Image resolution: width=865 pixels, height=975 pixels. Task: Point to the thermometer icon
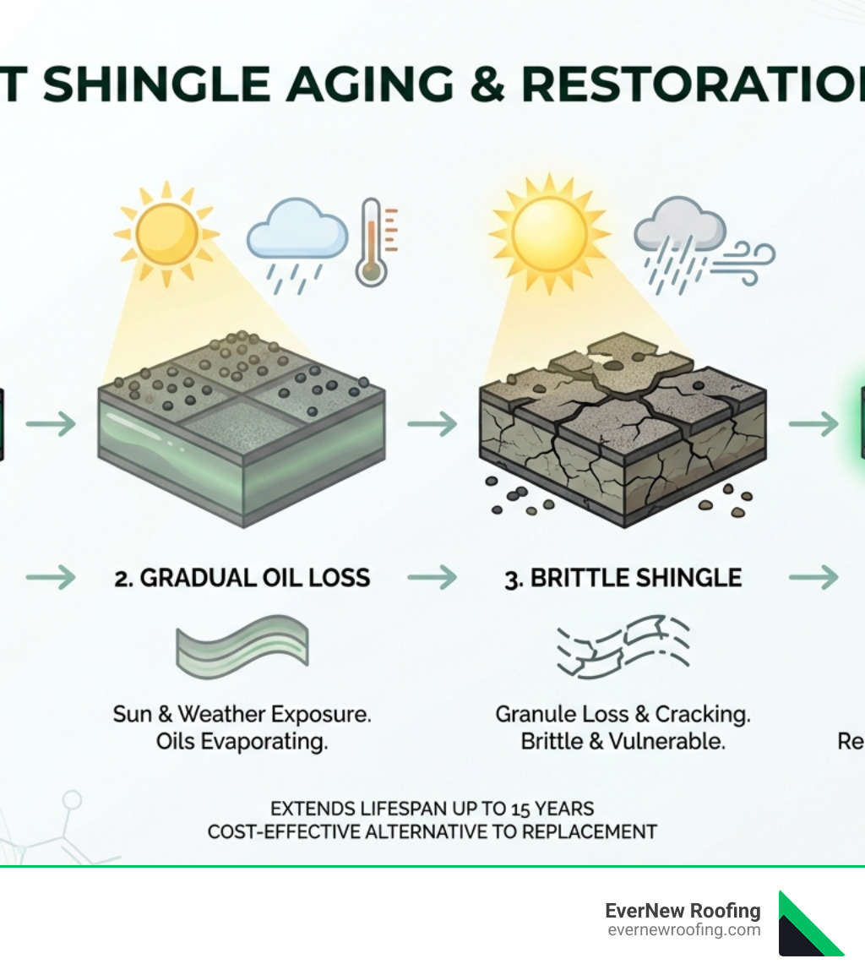[372, 242]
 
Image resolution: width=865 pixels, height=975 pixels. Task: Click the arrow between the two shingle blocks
[432, 422]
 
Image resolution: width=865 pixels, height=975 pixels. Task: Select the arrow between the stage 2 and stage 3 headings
[432, 578]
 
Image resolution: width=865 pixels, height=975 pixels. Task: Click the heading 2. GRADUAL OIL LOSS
[242, 578]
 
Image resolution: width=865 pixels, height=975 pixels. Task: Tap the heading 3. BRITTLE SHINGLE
[623, 578]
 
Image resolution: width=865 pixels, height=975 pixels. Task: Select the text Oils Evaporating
[242, 742]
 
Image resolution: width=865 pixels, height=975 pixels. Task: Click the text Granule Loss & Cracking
[623, 714]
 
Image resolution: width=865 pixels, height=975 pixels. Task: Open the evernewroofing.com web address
[683, 930]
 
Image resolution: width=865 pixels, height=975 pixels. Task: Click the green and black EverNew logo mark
[809, 923]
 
